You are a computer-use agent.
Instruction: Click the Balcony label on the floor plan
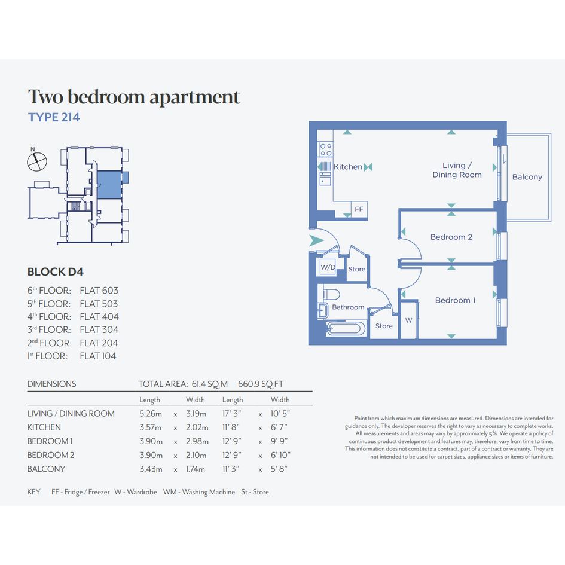[527, 177]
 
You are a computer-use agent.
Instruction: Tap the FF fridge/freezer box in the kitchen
[359, 209]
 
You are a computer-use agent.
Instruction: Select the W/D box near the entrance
[328, 267]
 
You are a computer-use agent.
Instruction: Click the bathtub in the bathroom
[345, 329]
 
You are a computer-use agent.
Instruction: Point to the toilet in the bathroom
[331, 294]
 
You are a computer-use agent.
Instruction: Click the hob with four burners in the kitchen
[325, 149]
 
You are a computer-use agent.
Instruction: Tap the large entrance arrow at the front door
[316, 241]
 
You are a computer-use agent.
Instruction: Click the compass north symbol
[36, 161]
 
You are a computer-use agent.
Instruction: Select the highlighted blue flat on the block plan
[109, 185]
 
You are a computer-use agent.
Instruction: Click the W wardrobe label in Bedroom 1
[408, 320]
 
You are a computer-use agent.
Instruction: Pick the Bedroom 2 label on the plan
[451, 237]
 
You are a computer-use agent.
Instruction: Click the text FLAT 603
[99, 291]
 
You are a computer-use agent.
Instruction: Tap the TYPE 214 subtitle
[54, 117]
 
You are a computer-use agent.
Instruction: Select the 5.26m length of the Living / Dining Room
[151, 414]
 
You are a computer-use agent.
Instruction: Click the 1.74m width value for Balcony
[196, 469]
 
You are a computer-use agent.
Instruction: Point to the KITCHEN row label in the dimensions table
[44, 427]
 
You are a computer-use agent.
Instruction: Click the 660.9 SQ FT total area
[261, 384]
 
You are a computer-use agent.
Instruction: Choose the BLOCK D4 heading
[56, 271]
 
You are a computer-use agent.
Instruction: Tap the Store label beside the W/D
[357, 269]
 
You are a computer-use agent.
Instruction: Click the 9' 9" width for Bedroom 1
[279, 441]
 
